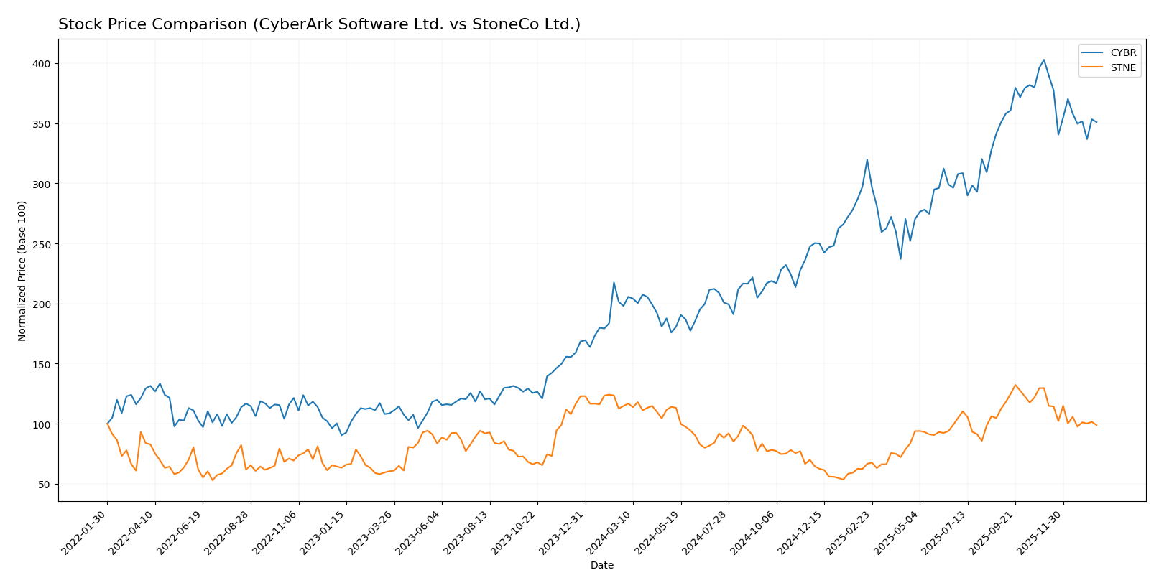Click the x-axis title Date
[601, 566]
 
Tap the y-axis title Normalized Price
[22, 271]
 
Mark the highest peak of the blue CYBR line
[1043, 60]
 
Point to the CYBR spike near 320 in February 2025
[867, 159]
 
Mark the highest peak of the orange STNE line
[1015, 385]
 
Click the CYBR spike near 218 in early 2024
[614, 282]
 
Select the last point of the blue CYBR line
[1096, 122]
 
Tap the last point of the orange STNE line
[1096, 425]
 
